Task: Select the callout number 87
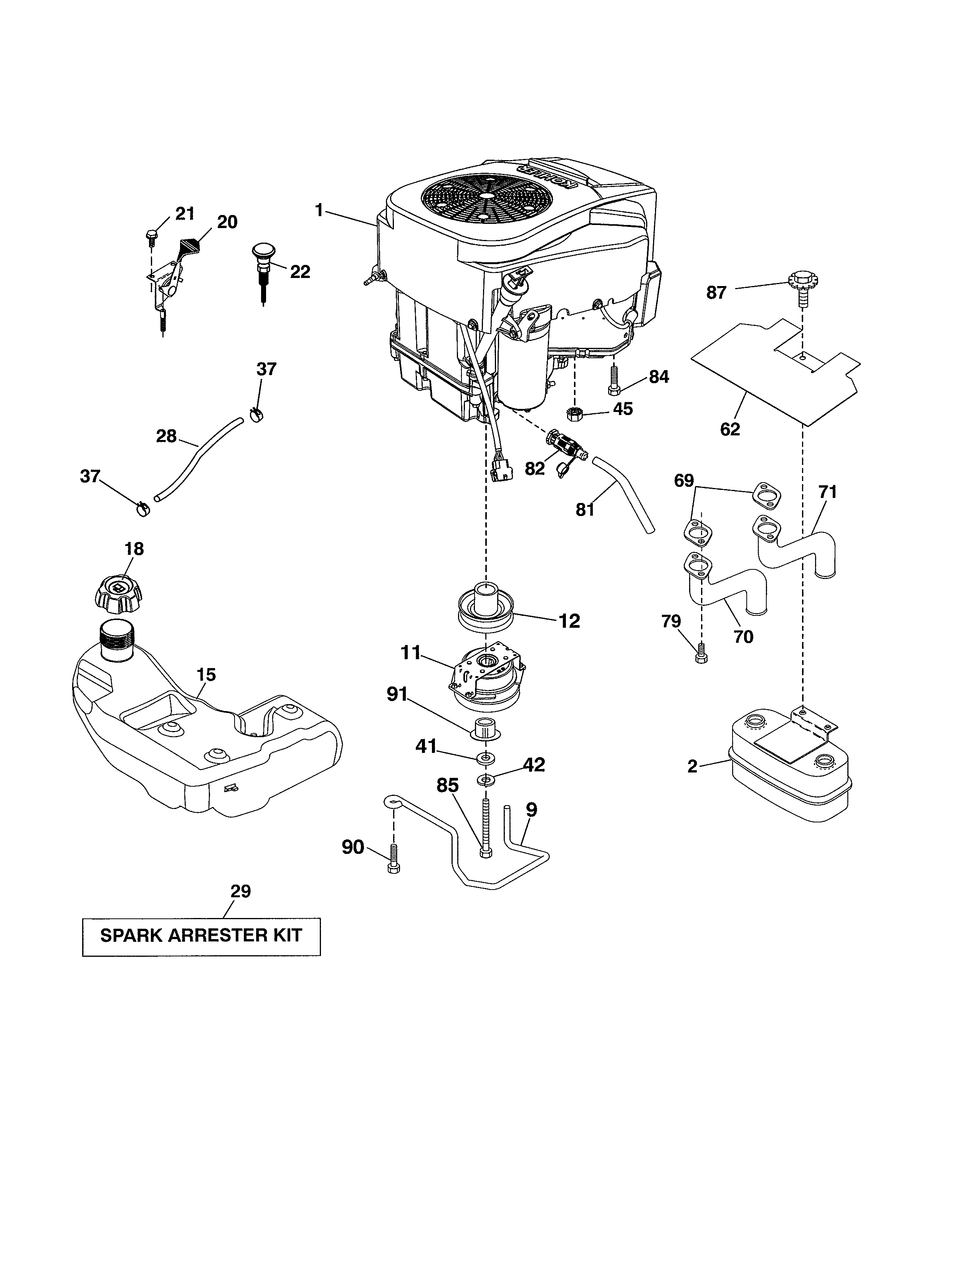pos(716,293)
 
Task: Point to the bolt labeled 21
pos(151,235)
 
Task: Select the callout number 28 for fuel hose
pos(167,436)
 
